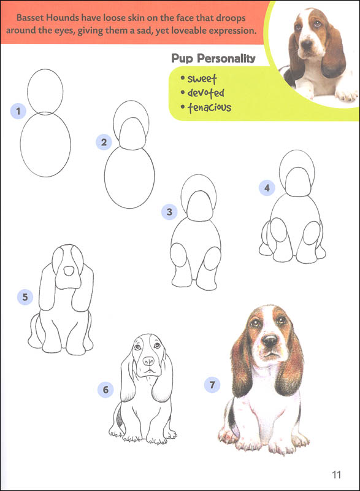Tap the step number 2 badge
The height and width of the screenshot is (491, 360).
click(104, 142)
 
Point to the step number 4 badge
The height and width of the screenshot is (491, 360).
click(266, 188)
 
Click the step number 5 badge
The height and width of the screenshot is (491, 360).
click(25, 298)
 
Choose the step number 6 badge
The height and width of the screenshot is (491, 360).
click(105, 389)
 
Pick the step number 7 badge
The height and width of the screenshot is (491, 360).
click(212, 385)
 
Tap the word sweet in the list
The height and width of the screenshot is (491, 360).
click(202, 79)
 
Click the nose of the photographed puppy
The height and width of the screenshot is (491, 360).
click(305, 44)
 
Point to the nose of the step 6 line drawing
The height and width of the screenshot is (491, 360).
click(148, 361)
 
